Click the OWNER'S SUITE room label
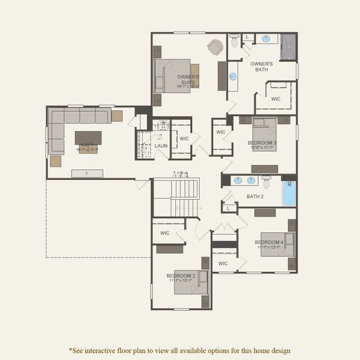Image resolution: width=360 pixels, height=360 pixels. click(188, 77)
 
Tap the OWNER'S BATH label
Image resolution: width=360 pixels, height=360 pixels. click(262, 66)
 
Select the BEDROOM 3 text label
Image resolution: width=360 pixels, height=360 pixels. click(262, 143)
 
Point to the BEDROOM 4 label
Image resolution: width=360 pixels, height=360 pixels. click(269, 242)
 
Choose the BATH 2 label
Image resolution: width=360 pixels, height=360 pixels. click(255, 196)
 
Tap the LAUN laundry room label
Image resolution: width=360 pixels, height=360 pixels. click(161, 146)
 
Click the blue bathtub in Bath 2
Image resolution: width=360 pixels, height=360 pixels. click(289, 194)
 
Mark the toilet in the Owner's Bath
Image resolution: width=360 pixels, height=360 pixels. click(234, 41)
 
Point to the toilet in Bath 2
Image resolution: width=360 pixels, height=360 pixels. click(266, 180)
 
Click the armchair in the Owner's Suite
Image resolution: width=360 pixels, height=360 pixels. click(214, 47)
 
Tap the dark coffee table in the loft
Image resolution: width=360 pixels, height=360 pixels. click(88, 137)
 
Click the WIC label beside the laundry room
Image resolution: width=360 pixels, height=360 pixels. click(184, 139)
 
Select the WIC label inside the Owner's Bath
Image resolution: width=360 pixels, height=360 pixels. click(275, 99)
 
